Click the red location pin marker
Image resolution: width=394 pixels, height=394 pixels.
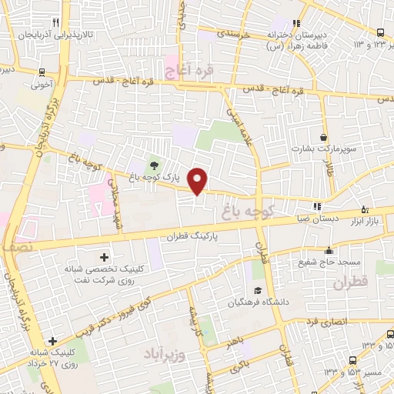(x=199, y=180)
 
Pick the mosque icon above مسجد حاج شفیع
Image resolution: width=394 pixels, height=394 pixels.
(x=329, y=250)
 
